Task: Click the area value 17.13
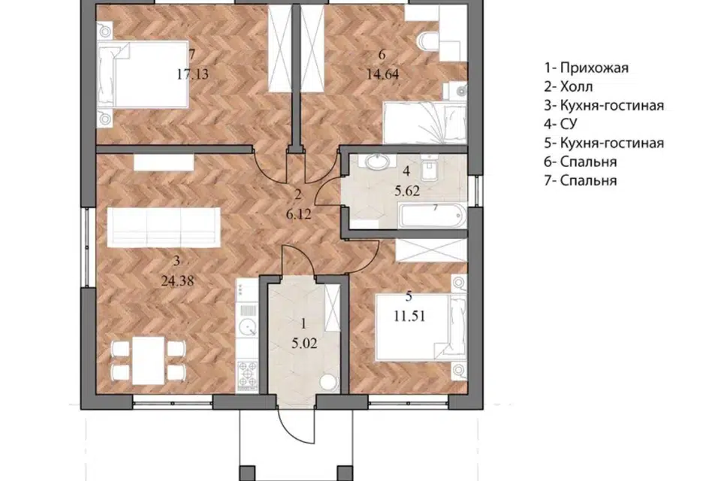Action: click(193, 74)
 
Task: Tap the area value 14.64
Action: click(382, 74)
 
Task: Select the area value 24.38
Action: click(177, 280)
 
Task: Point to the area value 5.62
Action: click(407, 191)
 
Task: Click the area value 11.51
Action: click(409, 316)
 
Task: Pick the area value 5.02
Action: click(304, 343)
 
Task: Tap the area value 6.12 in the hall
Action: click(299, 214)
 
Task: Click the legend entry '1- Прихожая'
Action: click(587, 68)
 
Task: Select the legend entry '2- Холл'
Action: click(569, 86)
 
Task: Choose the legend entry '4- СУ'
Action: click(560, 124)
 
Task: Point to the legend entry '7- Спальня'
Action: click(581, 180)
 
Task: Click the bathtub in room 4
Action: click(432, 216)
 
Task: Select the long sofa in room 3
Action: click(164, 227)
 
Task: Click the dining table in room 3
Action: click(149, 361)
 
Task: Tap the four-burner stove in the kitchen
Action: click(248, 375)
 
